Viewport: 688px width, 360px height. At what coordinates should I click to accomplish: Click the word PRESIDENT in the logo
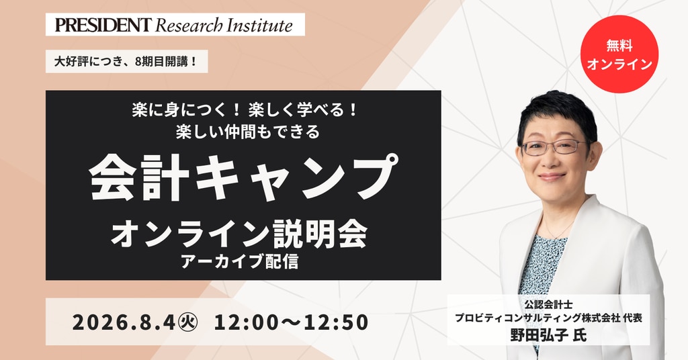(103, 25)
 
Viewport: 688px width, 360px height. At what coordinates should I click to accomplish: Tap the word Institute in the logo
(259, 25)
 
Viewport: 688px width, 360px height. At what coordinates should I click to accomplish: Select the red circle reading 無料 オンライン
(619, 54)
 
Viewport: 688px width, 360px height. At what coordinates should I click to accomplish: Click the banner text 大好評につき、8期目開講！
(126, 62)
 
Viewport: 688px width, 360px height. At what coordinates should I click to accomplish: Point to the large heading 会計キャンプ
(244, 177)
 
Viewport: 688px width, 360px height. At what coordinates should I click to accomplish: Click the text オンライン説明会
(240, 234)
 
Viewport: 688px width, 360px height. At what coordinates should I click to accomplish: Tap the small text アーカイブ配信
(240, 261)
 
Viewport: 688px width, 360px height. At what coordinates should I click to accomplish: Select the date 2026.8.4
(124, 322)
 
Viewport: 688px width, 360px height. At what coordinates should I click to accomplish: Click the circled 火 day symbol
(188, 322)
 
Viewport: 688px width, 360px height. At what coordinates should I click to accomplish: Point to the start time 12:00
(246, 322)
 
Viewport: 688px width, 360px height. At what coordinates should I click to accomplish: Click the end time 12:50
(336, 322)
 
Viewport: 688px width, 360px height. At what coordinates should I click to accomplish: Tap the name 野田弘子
(539, 335)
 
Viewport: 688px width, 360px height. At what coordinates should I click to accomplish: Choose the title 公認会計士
(548, 304)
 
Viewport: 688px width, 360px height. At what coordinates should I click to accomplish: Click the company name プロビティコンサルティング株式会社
(536, 318)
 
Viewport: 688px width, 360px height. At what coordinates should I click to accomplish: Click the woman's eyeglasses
(554, 147)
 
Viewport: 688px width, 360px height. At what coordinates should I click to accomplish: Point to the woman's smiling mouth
(552, 177)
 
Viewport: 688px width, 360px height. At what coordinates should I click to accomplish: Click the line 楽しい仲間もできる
(248, 132)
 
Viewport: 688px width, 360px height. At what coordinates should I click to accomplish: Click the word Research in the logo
(189, 26)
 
